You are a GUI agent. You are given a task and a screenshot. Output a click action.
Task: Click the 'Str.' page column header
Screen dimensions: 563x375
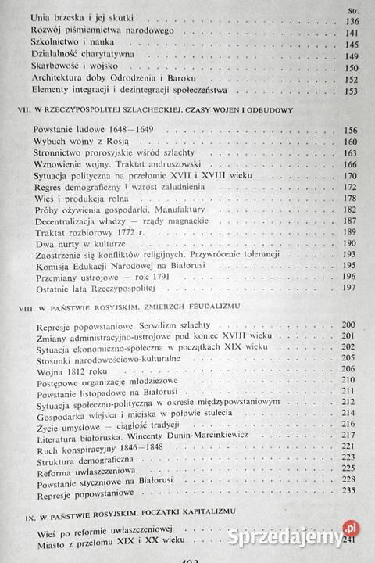click(x=348, y=9)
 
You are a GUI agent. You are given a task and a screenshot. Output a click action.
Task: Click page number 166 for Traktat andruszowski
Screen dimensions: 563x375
click(x=348, y=165)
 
